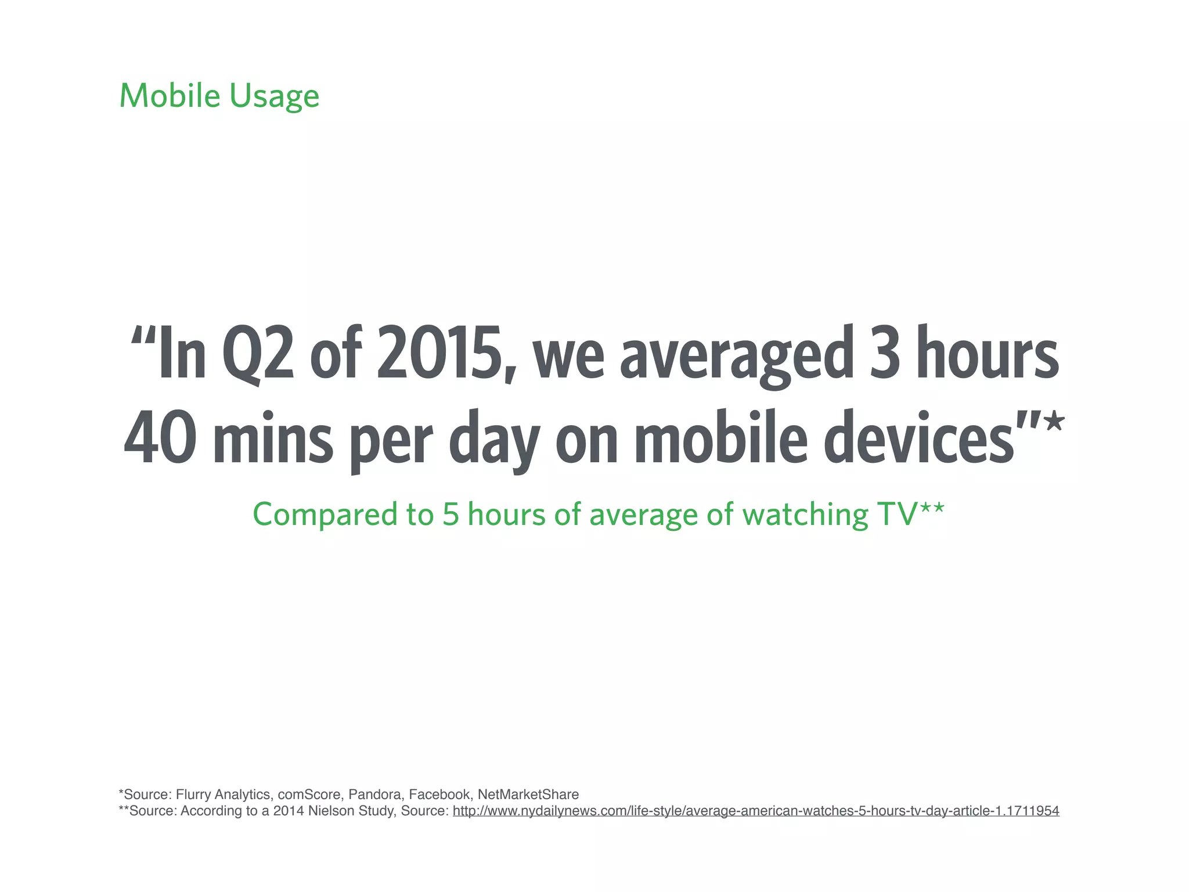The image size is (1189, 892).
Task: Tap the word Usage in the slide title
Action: [x=274, y=97]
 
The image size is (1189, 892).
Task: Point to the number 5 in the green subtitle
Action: [x=451, y=515]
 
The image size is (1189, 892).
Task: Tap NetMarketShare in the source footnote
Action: [x=528, y=794]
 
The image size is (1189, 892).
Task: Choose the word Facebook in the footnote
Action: [x=439, y=794]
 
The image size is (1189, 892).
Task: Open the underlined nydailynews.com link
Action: [x=755, y=811]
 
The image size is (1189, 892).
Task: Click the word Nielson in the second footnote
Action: [x=329, y=811]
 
